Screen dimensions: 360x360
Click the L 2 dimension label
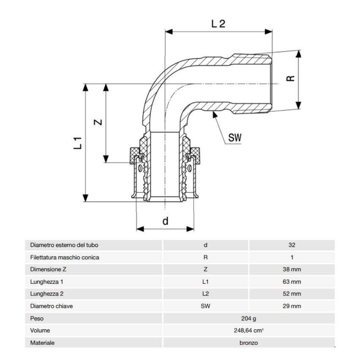[x=218, y=24]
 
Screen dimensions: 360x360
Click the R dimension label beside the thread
[x=290, y=79]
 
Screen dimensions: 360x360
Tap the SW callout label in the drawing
[x=235, y=138]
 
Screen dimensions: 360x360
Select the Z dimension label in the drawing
[x=98, y=122]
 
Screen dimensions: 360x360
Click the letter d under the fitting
[x=166, y=220]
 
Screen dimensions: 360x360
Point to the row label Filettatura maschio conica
[x=64, y=257]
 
